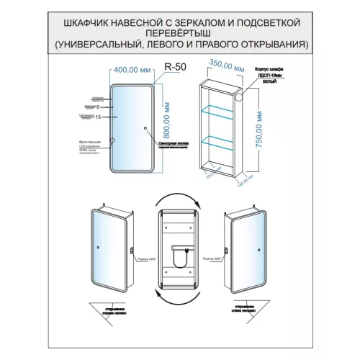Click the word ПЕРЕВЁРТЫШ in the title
click(179, 33)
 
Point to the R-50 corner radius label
click(175, 67)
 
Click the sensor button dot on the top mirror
click(145, 130)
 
